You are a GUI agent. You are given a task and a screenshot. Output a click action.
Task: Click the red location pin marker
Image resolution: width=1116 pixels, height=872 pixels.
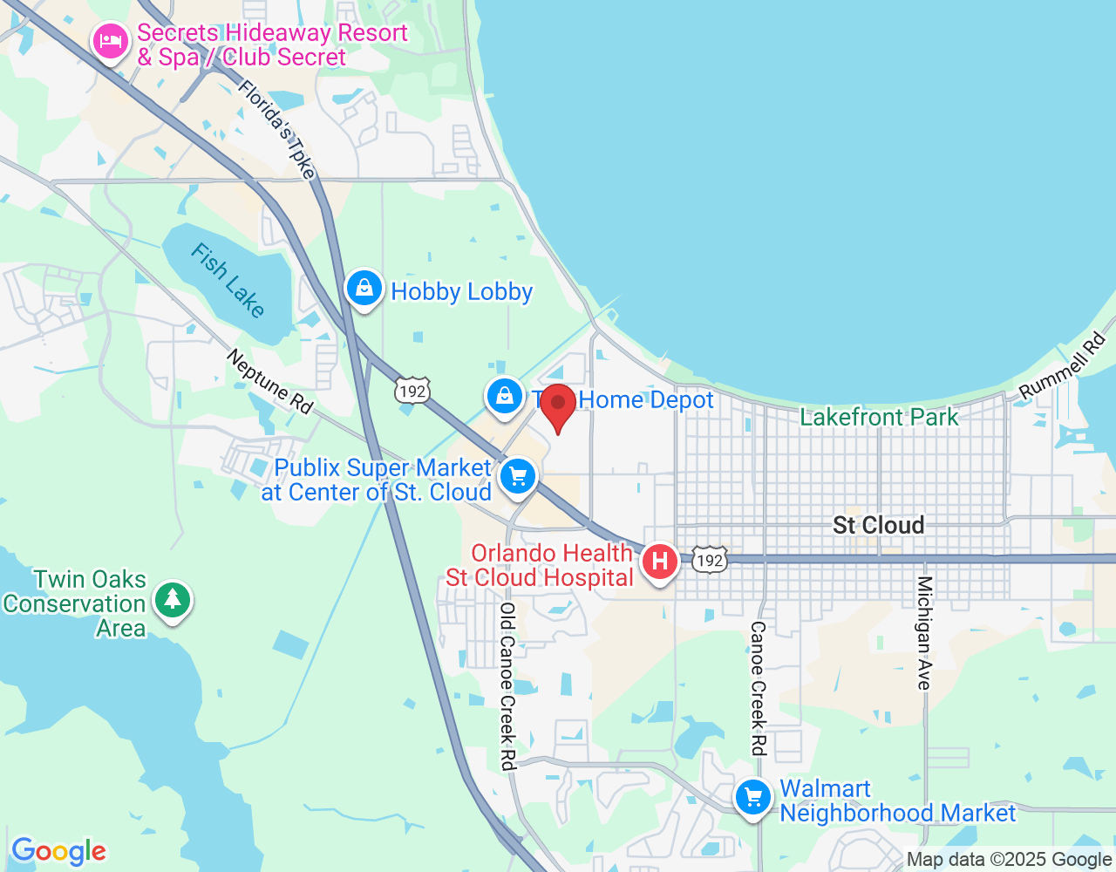[x=558, y=405]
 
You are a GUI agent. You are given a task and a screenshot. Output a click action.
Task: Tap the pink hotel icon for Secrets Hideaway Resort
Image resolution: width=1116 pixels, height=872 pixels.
[x=111, y=41]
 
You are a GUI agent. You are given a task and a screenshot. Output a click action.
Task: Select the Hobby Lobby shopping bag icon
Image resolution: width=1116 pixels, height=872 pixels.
[x=364, y=288]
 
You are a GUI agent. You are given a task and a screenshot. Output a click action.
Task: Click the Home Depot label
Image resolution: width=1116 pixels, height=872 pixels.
[x=645, y=400]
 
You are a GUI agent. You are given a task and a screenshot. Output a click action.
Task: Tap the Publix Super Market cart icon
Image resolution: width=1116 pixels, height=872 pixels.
[x=519, y=477]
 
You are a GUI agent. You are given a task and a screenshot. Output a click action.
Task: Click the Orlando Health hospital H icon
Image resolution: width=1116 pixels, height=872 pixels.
[x=660, y=561]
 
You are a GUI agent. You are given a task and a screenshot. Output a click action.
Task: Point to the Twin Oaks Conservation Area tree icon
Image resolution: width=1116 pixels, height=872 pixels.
[x=173, y=599]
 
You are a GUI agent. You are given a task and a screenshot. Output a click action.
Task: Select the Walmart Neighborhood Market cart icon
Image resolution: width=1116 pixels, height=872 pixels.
[x=753, y=797]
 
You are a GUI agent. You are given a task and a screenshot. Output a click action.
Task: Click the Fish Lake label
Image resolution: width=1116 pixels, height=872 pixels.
[x=228, y=281]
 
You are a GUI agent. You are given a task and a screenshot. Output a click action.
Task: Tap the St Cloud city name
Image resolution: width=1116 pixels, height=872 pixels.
[x=878, y=525]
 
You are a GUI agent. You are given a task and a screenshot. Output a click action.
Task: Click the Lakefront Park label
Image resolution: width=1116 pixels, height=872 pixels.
[x=879, y=418]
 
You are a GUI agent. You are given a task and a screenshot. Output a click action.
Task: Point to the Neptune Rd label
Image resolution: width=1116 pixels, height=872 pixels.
[x=269, y=382]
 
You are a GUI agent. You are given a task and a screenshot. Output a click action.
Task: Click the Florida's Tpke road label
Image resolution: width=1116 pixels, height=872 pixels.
[x=276, y=129]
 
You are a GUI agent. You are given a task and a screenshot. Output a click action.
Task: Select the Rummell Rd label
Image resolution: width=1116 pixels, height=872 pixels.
[x=1063, y=366]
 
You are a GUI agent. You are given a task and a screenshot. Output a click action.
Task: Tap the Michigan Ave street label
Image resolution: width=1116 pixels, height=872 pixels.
[x=924, y=632]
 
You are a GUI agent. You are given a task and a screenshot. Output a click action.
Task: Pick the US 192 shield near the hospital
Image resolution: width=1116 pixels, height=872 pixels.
[x=710, y=560]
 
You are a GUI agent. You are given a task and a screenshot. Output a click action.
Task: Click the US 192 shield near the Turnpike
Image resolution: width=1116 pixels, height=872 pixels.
[x=412, y=391]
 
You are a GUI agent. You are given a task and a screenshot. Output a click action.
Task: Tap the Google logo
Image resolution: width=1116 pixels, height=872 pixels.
[x=58, y=851]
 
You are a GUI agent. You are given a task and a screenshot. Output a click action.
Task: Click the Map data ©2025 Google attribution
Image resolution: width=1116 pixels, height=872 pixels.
[x=1009, y=860]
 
